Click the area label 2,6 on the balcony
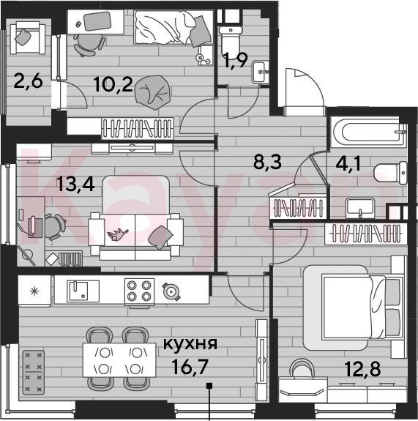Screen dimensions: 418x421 click(29, 81)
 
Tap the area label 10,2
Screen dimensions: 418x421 click(113, 84)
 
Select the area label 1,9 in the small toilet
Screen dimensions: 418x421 click(236, 61)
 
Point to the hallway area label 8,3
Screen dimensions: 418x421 click(267, 163)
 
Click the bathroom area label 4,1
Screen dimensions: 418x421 click(348, 164)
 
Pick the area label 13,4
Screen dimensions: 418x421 click(75, 185)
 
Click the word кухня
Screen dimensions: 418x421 click(190, 343)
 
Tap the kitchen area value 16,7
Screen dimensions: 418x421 click(190, 367)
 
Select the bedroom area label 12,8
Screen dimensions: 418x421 click(362, 369)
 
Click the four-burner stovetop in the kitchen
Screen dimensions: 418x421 click(139, 293)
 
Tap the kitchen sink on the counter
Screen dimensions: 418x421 click(83, 291)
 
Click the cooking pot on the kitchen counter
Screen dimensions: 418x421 click(171, 291)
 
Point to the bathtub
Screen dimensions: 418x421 click(369, 132)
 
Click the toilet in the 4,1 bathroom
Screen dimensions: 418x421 click(391, 172)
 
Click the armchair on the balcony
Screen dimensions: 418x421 click(28, 38)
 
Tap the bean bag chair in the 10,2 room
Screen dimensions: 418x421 click(153, 92)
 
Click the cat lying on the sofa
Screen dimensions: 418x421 click(118, 234)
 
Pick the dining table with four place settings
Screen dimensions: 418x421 click(119, 360)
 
